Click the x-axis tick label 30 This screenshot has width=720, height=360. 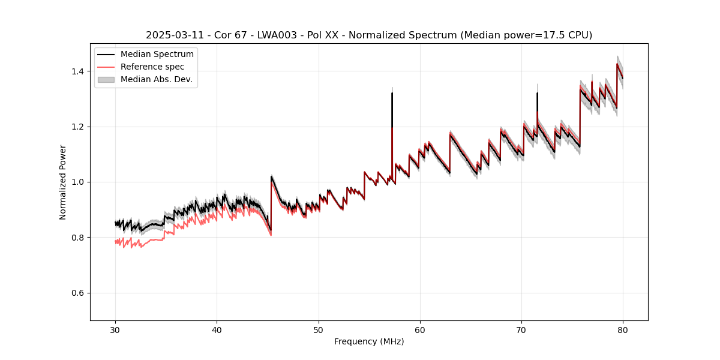point(116,329)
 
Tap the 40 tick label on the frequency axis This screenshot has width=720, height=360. point(217,329)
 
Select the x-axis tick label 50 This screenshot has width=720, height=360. point(319,329)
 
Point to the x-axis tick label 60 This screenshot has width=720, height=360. point(420,329)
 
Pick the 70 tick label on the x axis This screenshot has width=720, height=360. point(521,329)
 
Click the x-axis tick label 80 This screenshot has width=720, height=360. point(623,329)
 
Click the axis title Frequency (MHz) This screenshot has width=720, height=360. point(369,341)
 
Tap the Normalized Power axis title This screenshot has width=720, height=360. point(63,182)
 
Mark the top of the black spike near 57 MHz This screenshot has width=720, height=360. point(392,93)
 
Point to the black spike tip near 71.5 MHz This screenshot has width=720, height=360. point(537,93)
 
